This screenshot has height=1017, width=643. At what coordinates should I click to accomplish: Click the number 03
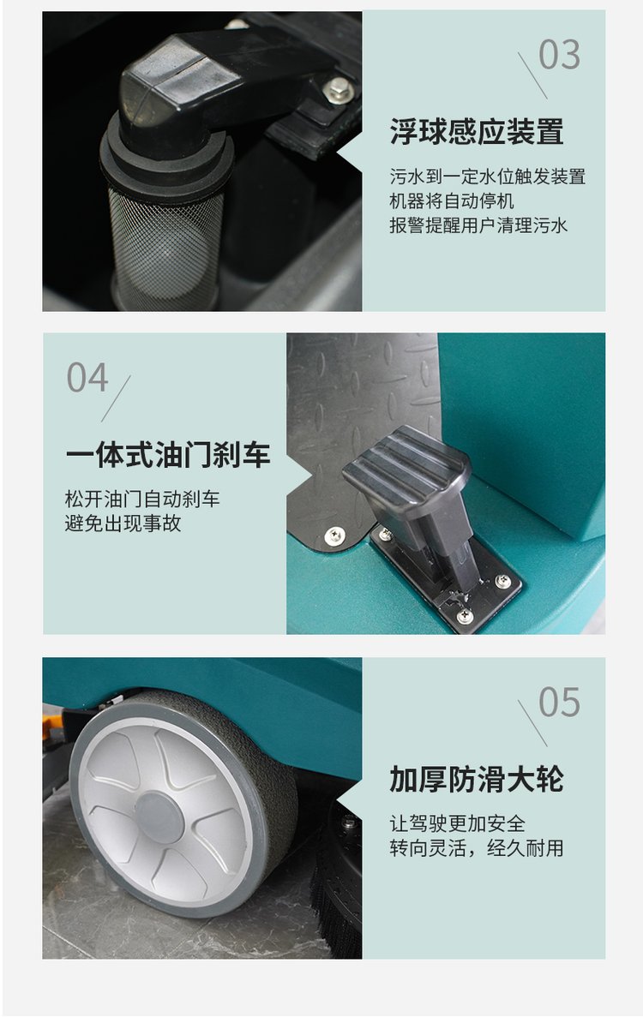click(x=559, y=55)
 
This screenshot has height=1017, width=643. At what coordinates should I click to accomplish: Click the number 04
click(x=87, y=378)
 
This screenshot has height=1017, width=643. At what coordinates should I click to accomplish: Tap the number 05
click(x=559, y=702)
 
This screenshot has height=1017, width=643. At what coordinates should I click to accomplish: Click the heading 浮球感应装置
click(x=476, y=132)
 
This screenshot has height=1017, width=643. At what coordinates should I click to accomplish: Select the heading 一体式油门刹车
click(x=167, y=455)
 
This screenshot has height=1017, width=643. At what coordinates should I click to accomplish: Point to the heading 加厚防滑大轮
click(x=476, y=779)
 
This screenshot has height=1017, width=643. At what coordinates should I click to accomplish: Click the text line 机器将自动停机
click(x=452, y=201)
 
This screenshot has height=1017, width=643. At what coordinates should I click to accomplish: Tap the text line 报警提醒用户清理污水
click(x=478, y=225)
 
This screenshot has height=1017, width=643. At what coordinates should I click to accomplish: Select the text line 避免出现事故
click(x=123, y=523)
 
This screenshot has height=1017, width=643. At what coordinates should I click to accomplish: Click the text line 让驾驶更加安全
click(x=458, y=823)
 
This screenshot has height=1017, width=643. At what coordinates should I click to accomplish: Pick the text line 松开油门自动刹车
click(x=142, y=499)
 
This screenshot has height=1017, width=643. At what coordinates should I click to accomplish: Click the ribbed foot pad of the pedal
click(x=406, y=466)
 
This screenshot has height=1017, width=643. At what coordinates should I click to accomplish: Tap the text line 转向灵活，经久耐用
click(x=476, y=847)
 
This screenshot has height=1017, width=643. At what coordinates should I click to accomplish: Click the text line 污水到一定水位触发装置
click(x=487, y=176)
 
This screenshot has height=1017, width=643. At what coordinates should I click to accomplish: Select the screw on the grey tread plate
click(x=335, y=535)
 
